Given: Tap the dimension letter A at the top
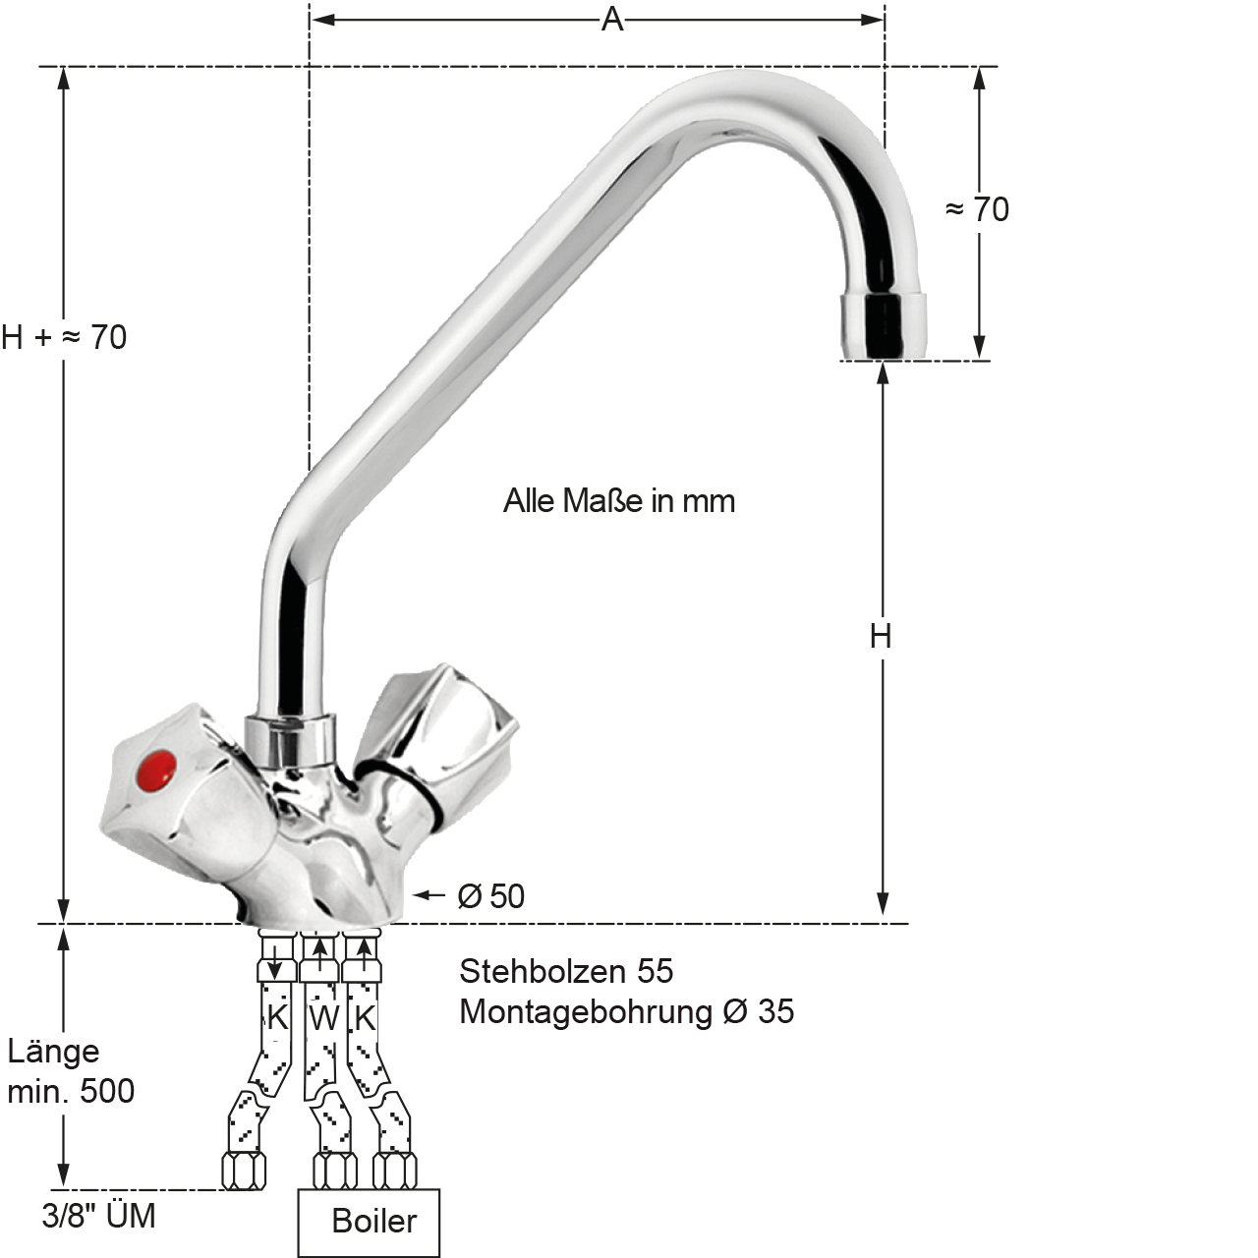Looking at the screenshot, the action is [611, 20].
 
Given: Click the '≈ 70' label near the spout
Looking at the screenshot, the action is [977, 209].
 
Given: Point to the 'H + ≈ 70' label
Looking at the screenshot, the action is [64, 337].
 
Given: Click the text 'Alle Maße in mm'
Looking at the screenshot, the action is [619, 501].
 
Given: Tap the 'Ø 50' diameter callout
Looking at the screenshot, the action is [491, 896].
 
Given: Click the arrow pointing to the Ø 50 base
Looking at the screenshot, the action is [429, 894].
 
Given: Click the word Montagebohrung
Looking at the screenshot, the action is [586, 1012].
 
